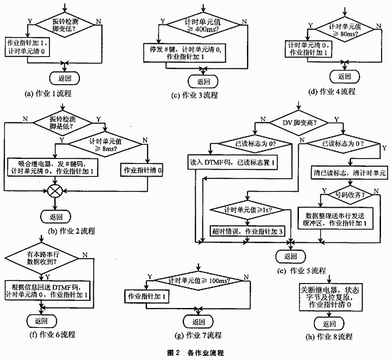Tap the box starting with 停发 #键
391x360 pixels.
click(x=202, y=53)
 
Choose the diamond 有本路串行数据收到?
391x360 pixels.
click(x=44, y=257)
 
